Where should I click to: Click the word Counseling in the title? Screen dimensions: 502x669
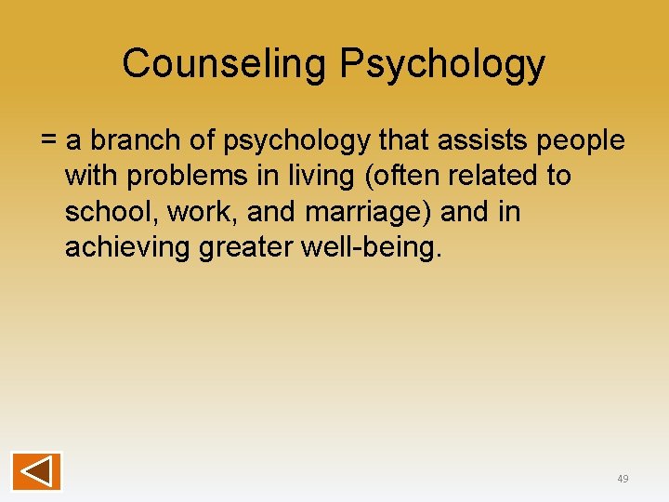(x=224, y=63)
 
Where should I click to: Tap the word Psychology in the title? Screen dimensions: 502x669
(x=442, y=63)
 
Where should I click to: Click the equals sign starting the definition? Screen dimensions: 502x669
(x=49, y=140)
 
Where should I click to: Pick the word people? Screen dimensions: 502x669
(x=582, y=140)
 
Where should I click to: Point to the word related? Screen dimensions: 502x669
(x=487, y=176)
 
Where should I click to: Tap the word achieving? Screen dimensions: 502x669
(x=127, y=248)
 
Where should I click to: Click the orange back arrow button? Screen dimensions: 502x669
(x=37, y=471)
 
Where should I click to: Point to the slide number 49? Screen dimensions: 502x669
(x=623, y=479)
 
